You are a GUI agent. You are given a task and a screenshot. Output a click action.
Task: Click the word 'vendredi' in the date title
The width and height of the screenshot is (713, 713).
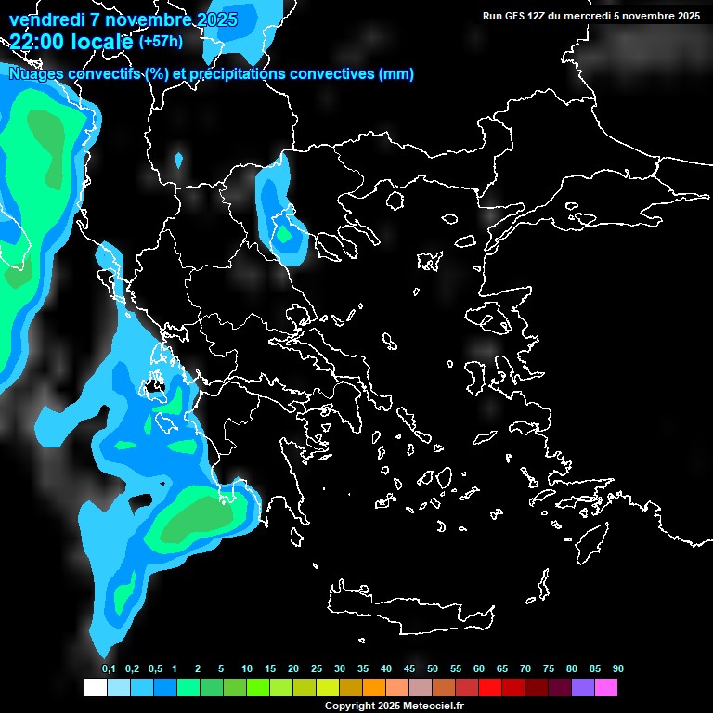tap(46, 19)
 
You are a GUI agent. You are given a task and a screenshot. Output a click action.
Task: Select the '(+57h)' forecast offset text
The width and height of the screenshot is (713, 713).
tap(161, 42)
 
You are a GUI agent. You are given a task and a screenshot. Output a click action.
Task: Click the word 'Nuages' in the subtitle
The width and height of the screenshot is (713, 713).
tap(36, 74)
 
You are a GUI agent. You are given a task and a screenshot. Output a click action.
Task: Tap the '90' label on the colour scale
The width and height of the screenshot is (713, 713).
tap(617, 668)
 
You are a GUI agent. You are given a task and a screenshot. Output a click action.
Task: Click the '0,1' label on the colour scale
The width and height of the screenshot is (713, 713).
tap(109, 668)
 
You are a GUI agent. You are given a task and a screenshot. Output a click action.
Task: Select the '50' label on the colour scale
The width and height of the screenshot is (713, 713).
tap(433, 668)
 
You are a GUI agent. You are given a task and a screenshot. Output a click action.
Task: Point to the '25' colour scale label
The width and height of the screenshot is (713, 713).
tap(317, 668)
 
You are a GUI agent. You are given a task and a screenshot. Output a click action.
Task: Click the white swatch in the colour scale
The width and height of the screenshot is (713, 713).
tap(95, 687)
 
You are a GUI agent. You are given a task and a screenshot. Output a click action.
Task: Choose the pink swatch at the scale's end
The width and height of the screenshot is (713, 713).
tap(606, 687)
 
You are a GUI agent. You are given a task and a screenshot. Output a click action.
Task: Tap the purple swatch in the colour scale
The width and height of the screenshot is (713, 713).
tap(583, 687)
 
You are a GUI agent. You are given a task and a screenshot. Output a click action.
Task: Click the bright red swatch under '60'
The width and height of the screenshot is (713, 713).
tap(490, 687)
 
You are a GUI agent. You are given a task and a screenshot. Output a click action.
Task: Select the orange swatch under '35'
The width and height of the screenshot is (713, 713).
tap(374, 687)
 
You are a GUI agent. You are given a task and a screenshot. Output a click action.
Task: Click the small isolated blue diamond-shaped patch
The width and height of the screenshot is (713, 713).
tap(178, 160)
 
